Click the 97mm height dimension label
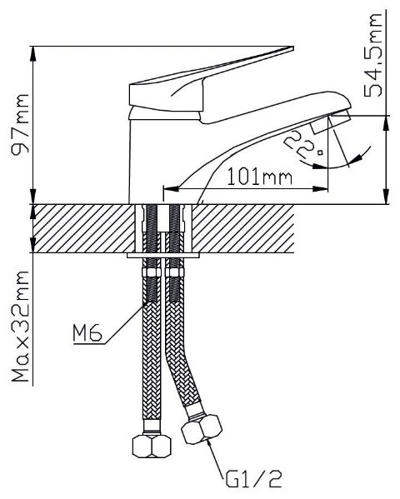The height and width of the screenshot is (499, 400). [21, 124]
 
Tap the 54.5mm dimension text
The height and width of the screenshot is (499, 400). [373, 56]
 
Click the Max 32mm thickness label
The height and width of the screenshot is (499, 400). [21, 327]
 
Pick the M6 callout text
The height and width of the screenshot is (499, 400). [87, 333]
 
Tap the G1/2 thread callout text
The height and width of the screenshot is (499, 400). [254, 480]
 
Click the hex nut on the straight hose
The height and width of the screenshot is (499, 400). [152, 446]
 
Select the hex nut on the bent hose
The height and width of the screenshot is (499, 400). [202, 429]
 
